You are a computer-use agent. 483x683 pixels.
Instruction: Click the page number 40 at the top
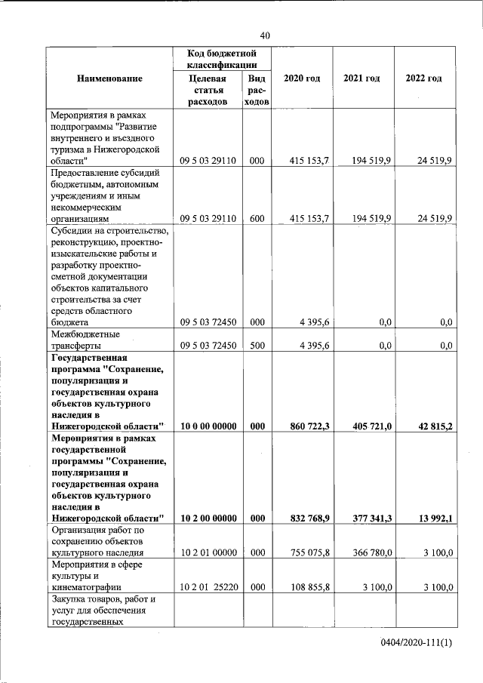(x=264, y=35)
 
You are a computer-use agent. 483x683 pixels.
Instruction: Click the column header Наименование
(x=109, y=78)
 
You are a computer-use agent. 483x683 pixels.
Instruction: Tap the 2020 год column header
(x=302, y=78)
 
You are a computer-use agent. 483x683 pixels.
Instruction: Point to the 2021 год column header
(x=361, y=78)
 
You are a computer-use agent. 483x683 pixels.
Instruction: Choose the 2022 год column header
(x=424, y=78)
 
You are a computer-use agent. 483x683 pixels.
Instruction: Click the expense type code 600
(x=257, y=218)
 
